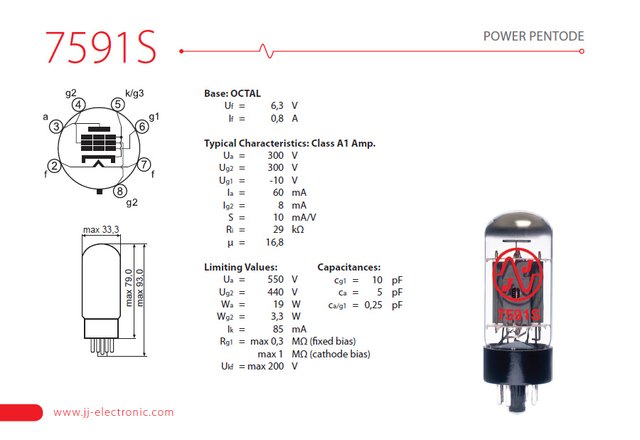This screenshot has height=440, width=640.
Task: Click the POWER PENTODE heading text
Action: (x=533, y=36)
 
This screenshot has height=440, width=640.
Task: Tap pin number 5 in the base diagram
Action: (x=118, y=104)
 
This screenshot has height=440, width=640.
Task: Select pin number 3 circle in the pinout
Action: (x=55, y=127)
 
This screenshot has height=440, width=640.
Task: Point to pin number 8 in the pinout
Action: (x=120, y=190)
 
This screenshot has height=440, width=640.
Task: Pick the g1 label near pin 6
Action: (x=154, y=116)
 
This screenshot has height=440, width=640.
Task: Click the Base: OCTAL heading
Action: (x=233, y=93)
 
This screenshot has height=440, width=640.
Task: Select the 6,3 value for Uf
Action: (x=277, y=106)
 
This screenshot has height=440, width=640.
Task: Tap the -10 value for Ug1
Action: (x=275, y=180)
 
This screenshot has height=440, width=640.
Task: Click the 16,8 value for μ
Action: (x=274, y=243)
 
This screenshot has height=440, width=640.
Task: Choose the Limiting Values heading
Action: (x=240, y=267)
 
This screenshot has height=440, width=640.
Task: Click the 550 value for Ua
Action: (x=275, y=280)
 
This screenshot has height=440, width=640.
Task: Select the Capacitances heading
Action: (x=348, y=267)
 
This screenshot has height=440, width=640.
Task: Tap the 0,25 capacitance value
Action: (x=373, y=305)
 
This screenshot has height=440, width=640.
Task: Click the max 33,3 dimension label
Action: (x=101, y=229)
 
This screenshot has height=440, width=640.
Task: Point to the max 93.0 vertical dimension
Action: (x=140, y=287)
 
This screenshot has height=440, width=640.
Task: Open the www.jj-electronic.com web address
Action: (x=114, y=412)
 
